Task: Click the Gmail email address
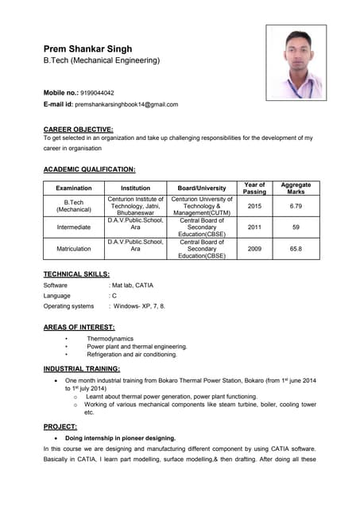126,104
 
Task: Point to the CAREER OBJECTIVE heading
78,128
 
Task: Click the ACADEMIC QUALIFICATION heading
89,169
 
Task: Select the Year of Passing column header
254,188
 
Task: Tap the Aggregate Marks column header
296,188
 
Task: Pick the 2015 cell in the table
254,206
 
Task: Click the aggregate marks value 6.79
296,206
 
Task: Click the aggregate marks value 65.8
296,249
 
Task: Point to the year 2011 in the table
254,227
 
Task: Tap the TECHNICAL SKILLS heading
76,274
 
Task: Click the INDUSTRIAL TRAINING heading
82,369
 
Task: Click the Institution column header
135,188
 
